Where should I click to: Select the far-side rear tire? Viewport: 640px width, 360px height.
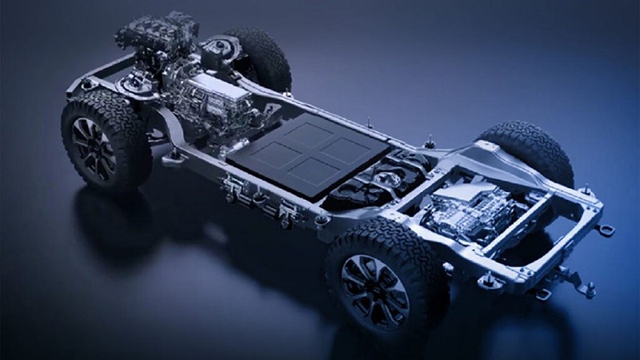(x=534, y=149)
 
